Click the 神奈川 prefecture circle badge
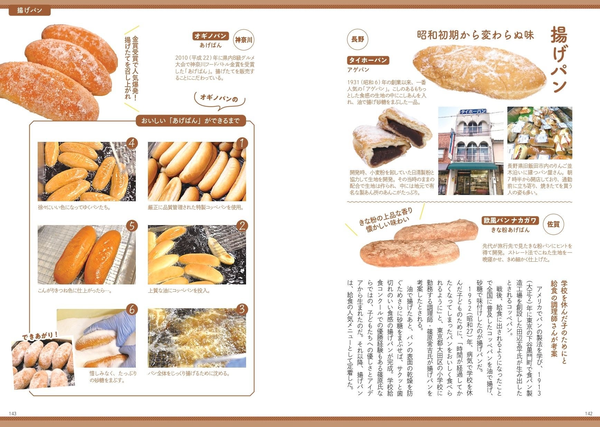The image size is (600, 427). click(x=244, y=40)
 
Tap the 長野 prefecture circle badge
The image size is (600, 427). click(x=357, y=39)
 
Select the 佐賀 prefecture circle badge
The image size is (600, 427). click(x=553, y=224)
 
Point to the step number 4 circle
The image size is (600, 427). click(x=132, y=143)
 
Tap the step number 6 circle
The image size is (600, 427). click(x=132, y=310)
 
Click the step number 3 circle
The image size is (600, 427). click(x=242, y=309)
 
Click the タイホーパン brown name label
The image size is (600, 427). click(x=368, y=60)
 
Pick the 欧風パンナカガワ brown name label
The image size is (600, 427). click(x=510, y=221)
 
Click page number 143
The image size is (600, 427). click(x=13, y=414)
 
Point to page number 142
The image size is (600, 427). click(x=589, y=414)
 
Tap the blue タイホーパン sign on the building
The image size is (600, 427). click(x=473, y=111)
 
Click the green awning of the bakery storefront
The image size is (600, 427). click(x=472, y=166)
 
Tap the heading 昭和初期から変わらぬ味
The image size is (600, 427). click(x=476, y=35)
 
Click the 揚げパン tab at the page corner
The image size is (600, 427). click(x=30, y=10)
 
